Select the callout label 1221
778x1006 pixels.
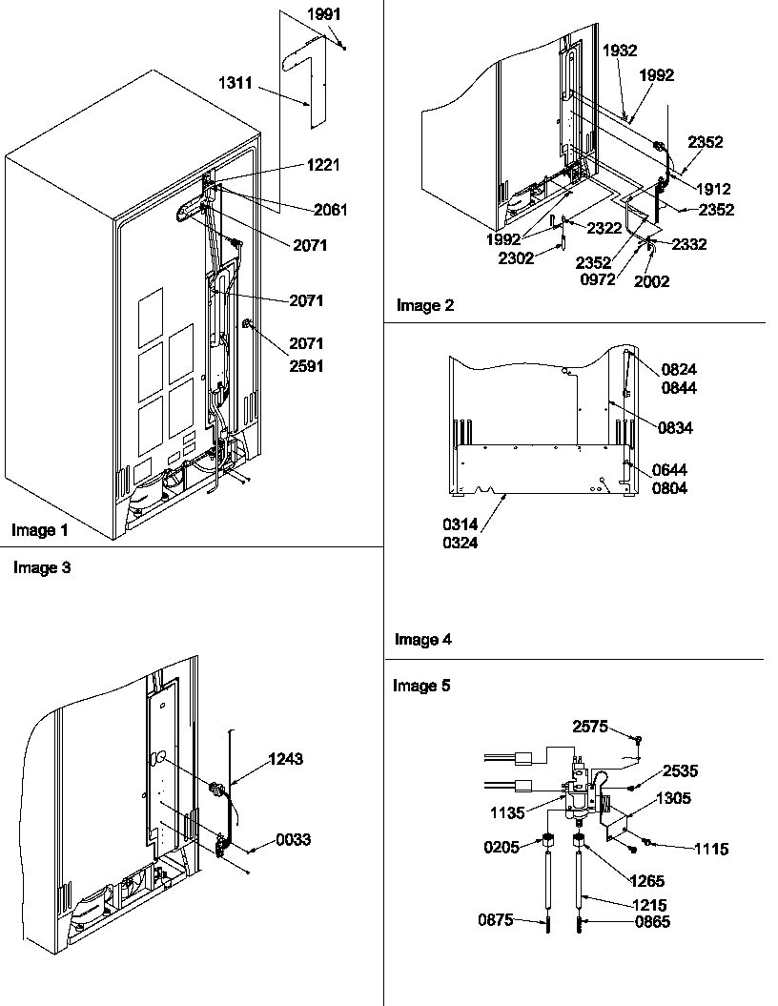[324, 165]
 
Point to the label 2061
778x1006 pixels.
[330, 210]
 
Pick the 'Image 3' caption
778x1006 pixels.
[41, 567]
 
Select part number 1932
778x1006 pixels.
[620, 51]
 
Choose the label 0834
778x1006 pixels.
[674, 429]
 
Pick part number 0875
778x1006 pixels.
[497, 920]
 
